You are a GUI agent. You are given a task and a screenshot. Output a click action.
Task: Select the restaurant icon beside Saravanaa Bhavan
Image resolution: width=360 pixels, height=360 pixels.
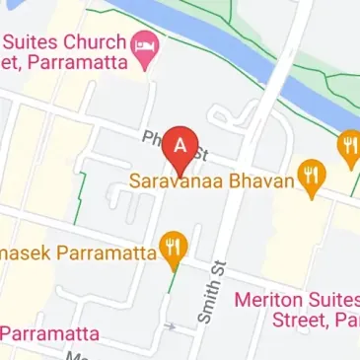coord(313,178)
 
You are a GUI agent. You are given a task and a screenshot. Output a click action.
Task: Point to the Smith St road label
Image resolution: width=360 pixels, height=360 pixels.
coord(206,293)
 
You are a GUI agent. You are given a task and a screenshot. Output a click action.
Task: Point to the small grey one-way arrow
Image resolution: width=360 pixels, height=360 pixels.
coord(172,325)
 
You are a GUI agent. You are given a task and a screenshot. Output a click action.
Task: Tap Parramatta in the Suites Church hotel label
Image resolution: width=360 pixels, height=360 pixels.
coord(85,65)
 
